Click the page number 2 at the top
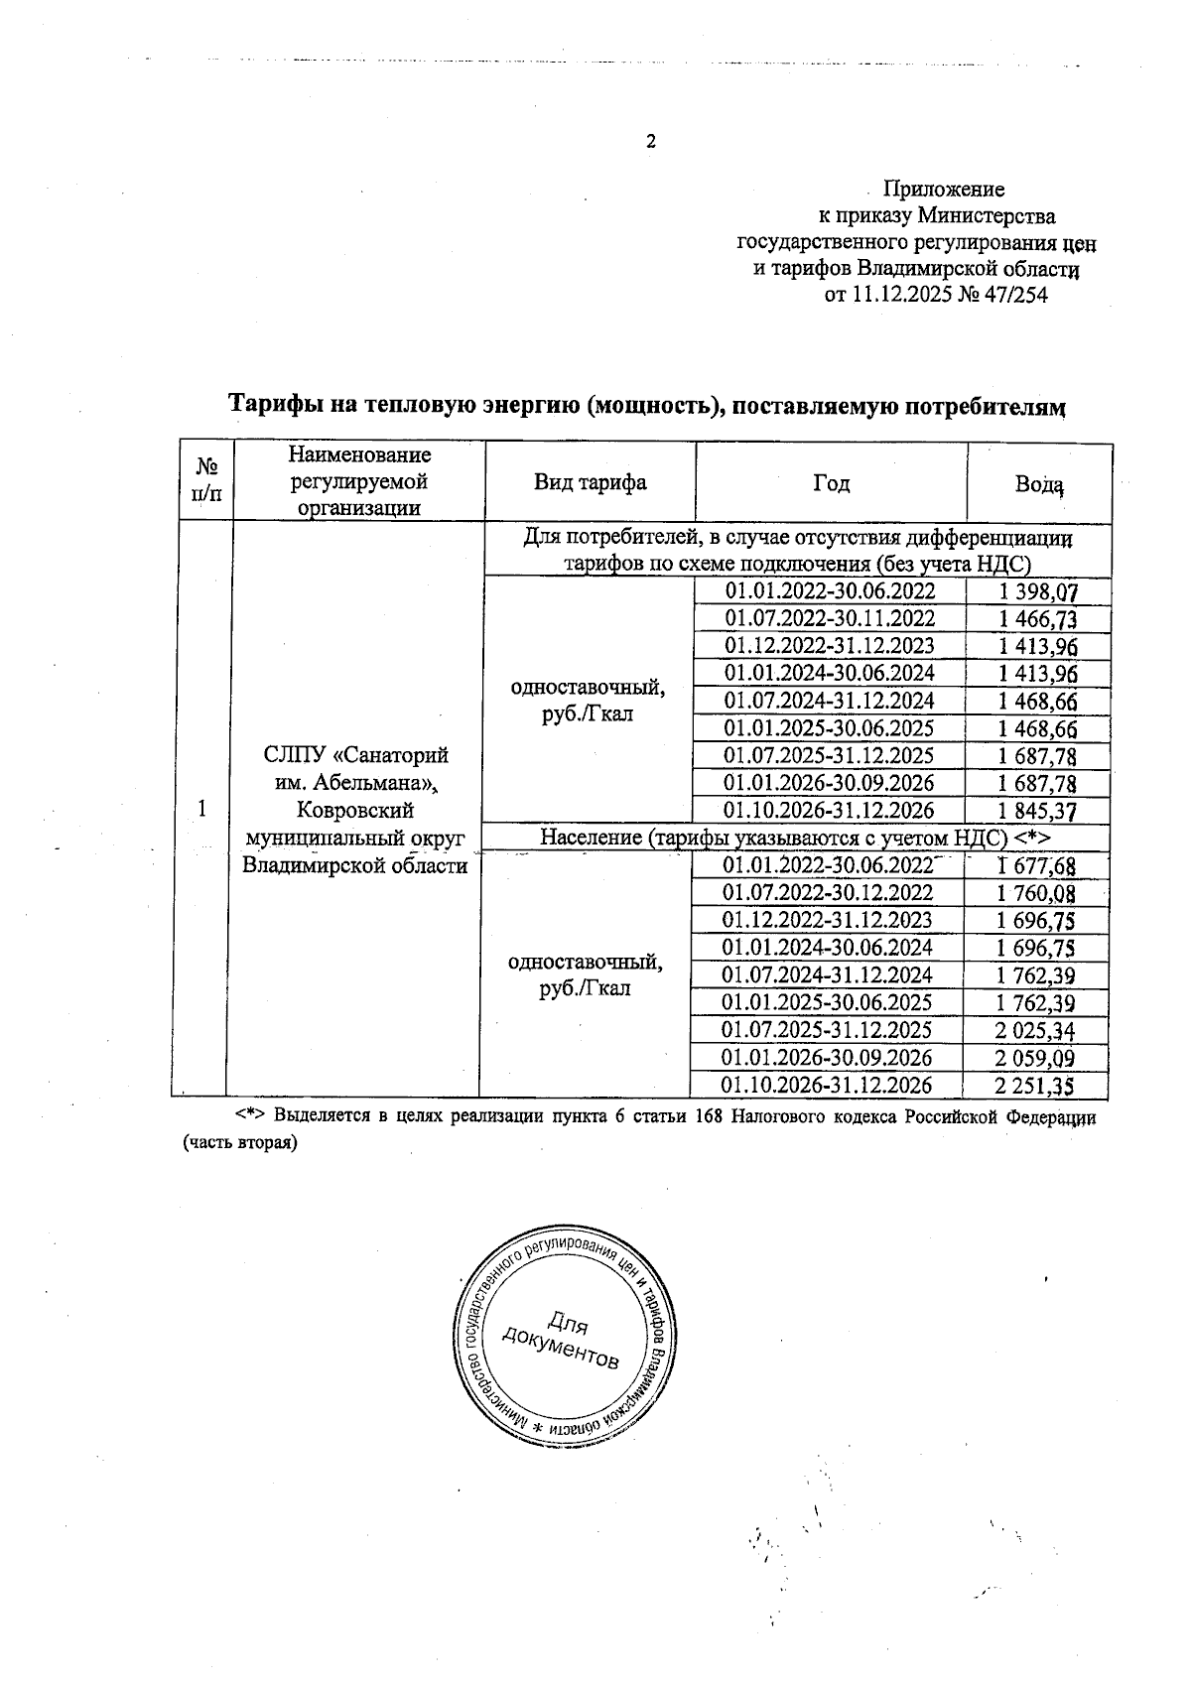tap(651, 142)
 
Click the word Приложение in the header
tap(944, 190)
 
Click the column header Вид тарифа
tap(590, 482)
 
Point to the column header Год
tap(831, 483)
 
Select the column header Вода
tap(1038, 484)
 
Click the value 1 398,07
tap(1038, 592)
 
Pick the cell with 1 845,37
tap(1038, 811)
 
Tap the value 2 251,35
tap(1036, 1085)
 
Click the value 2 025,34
tap(1036, 1030)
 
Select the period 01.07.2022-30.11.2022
tap(830, 619)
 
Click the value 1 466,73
tap(1038, 619)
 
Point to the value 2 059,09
tap(1036, 1058)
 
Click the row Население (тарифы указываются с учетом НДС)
tap(794, 838)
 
